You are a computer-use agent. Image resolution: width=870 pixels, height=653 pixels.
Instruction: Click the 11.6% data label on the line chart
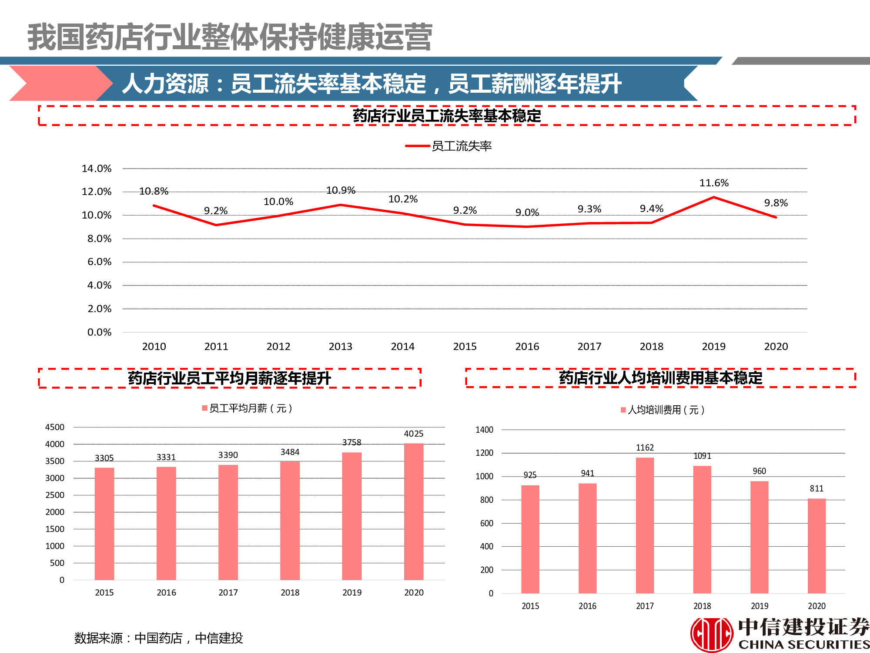(714, 183)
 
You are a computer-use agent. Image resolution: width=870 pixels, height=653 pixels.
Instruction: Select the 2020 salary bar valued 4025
(414, 512)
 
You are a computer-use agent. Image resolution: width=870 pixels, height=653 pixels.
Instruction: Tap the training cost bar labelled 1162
(645, 525)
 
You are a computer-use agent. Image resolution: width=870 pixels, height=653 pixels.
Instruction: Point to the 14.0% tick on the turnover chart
(97, 168)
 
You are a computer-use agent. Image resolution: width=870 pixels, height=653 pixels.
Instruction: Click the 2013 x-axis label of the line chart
(341, 347)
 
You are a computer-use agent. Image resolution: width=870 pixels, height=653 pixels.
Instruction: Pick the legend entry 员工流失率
(448, 146)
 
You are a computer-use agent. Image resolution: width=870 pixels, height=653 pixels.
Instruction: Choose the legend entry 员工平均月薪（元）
(247, 408)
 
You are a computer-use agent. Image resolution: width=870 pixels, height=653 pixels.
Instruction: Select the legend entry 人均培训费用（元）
(663, 410)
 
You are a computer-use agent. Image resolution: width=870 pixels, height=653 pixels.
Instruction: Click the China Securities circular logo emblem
(712, 634)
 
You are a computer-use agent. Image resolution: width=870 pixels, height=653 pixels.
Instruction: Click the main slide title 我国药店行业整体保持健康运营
(230, 37)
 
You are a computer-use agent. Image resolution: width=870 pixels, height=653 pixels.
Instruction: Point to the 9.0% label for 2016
(527, 212)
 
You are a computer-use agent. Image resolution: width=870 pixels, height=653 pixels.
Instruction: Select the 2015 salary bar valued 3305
(104, 524)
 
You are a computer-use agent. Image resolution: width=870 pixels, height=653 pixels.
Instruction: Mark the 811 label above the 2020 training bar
(816, 488)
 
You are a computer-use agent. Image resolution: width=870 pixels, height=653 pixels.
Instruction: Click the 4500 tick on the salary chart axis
(55, 427)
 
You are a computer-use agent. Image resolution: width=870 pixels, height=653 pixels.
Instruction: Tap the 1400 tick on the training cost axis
(484, 430)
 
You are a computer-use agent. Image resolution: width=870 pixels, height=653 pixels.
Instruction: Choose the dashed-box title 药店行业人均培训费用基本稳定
(660, 378)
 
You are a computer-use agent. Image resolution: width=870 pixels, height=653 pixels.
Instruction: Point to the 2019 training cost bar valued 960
(759, 537)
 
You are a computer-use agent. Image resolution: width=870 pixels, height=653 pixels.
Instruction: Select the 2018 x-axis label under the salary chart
(290, 592)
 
